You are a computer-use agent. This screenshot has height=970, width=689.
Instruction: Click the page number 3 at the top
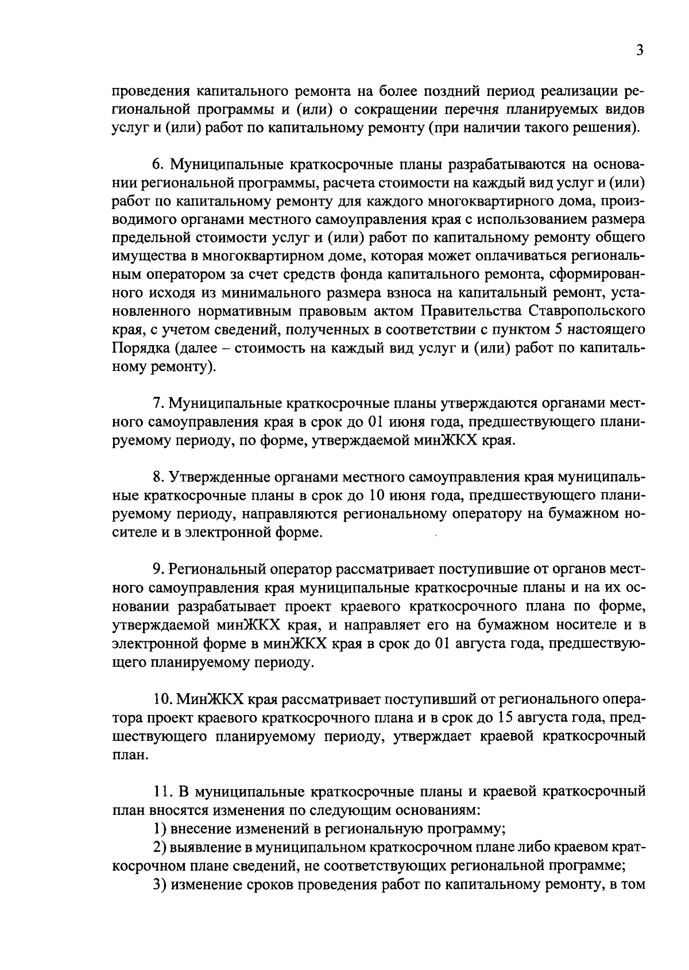[640, 50]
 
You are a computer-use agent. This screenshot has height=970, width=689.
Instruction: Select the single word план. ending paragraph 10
[125, 755]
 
